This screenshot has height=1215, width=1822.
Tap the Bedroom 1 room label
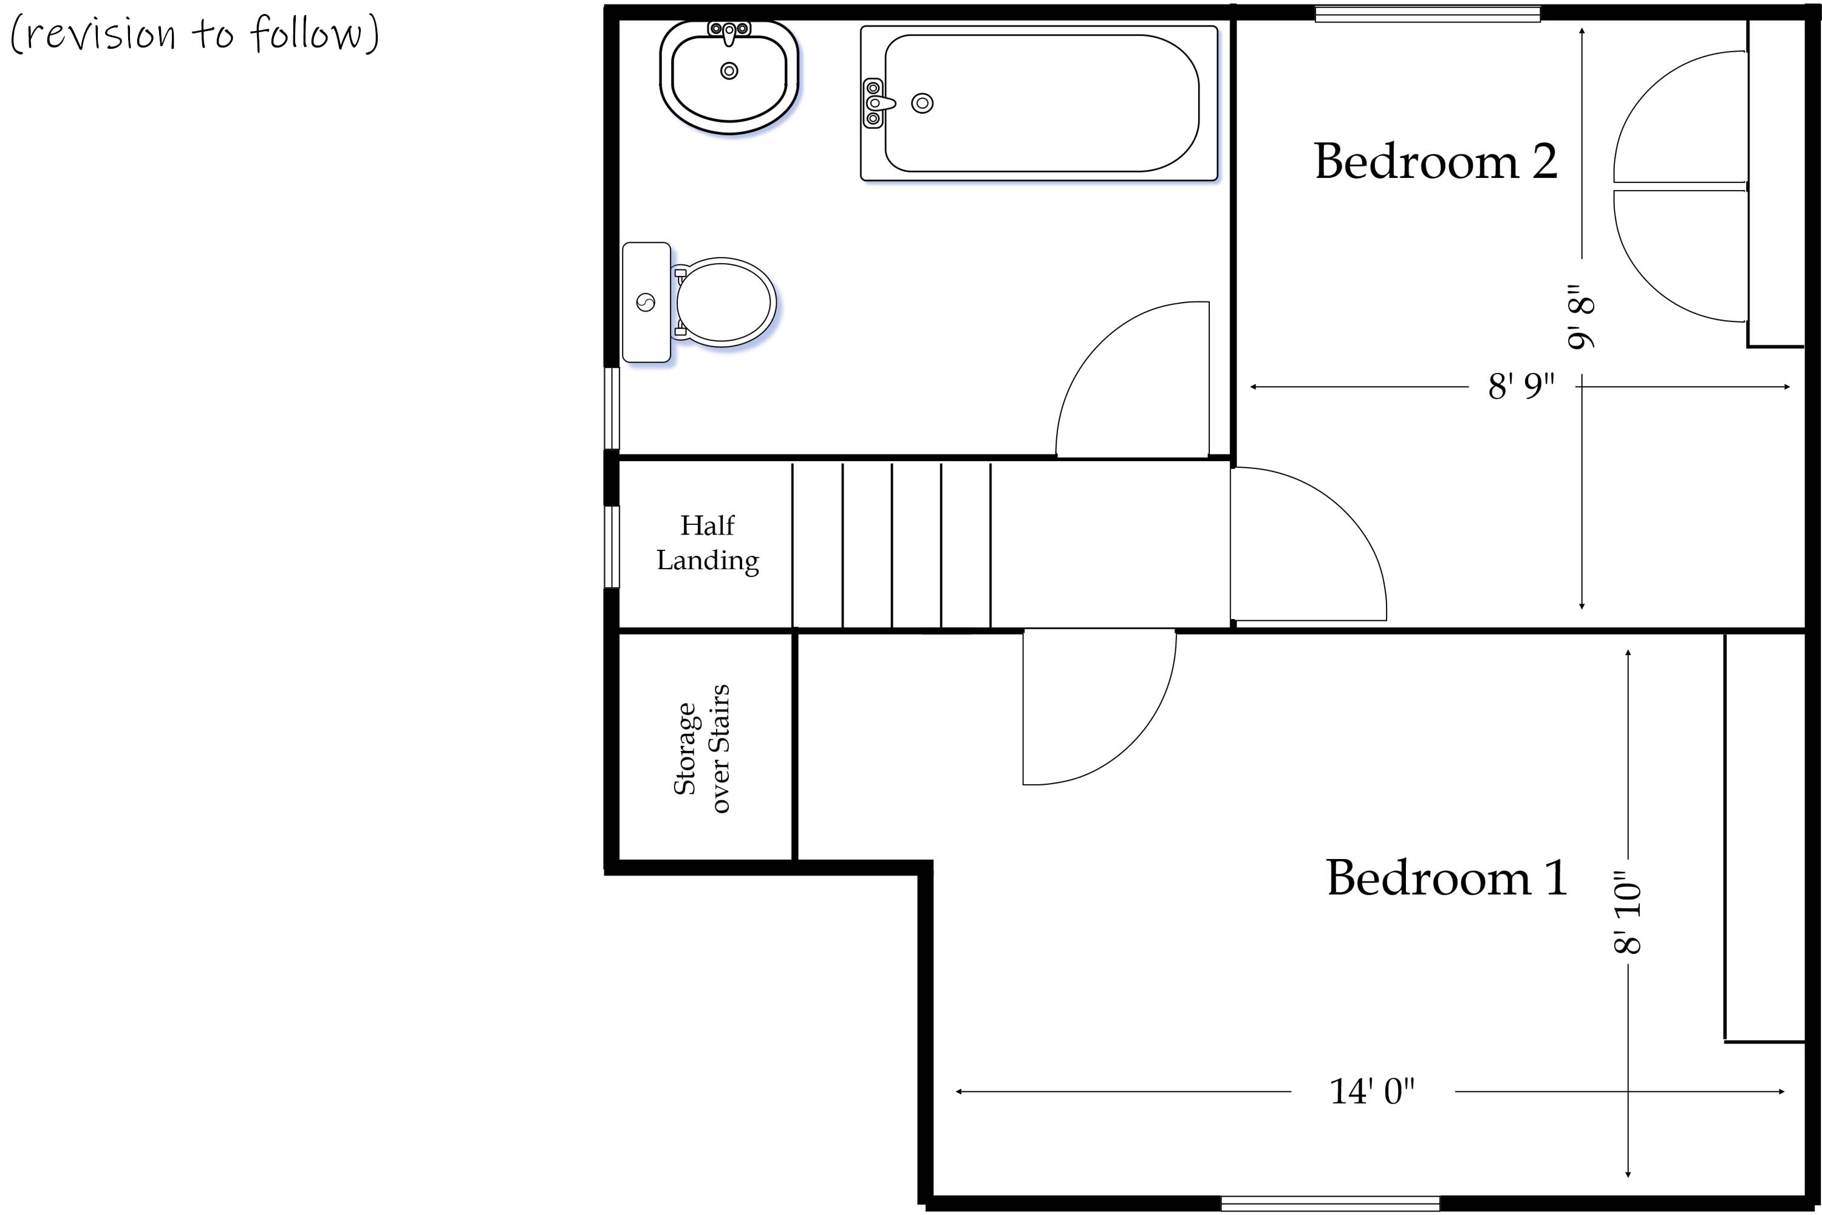1446,878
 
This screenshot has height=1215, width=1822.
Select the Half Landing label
708,543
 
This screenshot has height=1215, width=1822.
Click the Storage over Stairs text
702,748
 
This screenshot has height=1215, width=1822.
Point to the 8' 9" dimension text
1521,386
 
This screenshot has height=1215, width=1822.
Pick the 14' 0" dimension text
1371,1092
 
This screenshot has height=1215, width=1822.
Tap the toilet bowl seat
723,302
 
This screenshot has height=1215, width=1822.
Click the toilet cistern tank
646,302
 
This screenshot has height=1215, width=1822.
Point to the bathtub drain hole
922,103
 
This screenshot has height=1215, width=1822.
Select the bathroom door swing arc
1116,364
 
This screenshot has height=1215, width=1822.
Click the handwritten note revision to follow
194,34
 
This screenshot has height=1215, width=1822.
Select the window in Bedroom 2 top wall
1427,13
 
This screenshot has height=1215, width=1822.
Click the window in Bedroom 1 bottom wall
1329,1203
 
